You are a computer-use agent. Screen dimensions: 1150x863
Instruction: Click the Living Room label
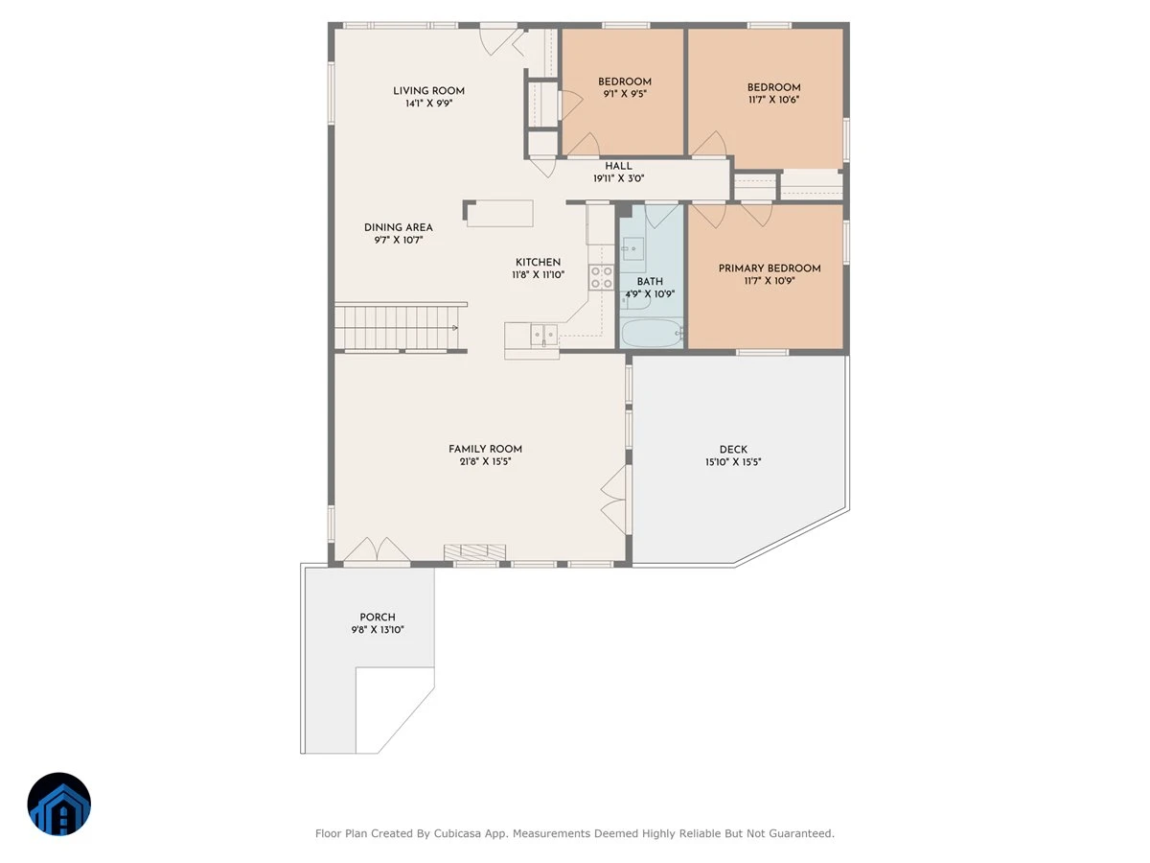point(428,91)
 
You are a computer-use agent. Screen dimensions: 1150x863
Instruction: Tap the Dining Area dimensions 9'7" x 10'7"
point(398,240)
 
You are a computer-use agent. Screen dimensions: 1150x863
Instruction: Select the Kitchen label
point(538,262)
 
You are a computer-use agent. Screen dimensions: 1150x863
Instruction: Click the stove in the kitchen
point(601,277)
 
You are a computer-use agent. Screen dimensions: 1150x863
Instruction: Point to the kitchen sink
point(543,335)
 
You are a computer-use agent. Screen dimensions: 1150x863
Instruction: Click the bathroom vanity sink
point(632,248)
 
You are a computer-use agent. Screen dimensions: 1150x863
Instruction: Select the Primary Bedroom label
point(770,268)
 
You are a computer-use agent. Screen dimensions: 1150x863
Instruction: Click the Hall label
point(618,166)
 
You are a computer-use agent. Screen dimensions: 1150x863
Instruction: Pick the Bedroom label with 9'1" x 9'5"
point(625,82)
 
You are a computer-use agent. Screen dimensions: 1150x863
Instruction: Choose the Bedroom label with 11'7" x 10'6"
point(773,87)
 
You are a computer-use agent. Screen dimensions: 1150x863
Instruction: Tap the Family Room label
point(485,449)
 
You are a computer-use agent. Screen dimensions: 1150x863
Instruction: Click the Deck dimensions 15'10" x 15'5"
point(733,461)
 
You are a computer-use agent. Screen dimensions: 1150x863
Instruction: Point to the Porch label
point(378,617)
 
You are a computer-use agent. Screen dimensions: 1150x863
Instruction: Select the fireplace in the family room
point(474,551)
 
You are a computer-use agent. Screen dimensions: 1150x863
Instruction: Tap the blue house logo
point(59,804)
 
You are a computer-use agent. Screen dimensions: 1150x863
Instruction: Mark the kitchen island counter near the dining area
point(499,213)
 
